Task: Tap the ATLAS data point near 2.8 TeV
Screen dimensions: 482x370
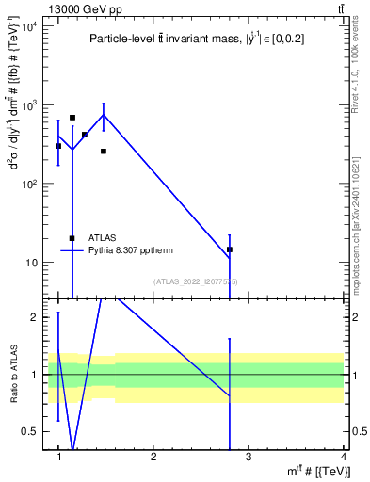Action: tap(230, 249)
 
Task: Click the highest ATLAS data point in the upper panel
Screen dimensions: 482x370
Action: tap(72, 118)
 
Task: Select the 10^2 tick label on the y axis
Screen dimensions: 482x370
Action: tap(31, 184)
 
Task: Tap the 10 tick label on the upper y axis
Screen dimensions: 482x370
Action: tap(34, 262)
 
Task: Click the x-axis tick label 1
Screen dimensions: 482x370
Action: tap(58, 458)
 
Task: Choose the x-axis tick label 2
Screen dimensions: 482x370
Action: tap(153, 458)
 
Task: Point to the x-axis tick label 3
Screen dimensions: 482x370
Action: tap(249, 458)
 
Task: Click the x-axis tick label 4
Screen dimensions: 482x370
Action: tap(343, 458)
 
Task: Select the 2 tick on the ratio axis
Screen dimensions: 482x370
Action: tap(37, 317)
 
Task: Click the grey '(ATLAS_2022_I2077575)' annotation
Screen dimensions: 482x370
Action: tap(196, 281)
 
